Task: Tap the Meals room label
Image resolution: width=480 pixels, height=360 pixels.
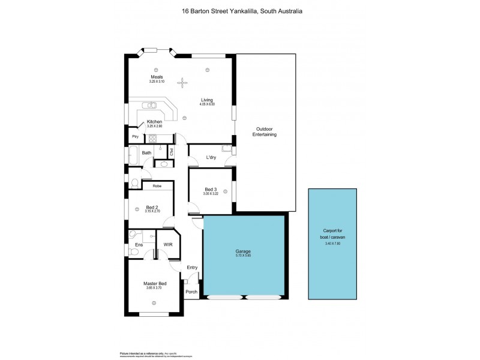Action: (156, 77)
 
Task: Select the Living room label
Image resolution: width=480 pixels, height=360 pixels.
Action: (207, 100)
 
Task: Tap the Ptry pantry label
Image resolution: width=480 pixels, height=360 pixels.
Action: (136, 137)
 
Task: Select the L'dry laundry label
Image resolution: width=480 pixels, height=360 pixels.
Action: (211, 157)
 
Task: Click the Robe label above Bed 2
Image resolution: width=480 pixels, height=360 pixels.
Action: (157, 186)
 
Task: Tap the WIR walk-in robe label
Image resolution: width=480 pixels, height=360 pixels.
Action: (169, 245)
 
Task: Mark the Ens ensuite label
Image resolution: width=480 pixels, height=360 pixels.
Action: (139, 245)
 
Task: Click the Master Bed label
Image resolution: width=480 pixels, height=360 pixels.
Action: (154, 283)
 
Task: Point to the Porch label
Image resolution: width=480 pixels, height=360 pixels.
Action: (191, 292)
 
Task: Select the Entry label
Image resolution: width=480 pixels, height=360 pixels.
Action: (192, 268)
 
